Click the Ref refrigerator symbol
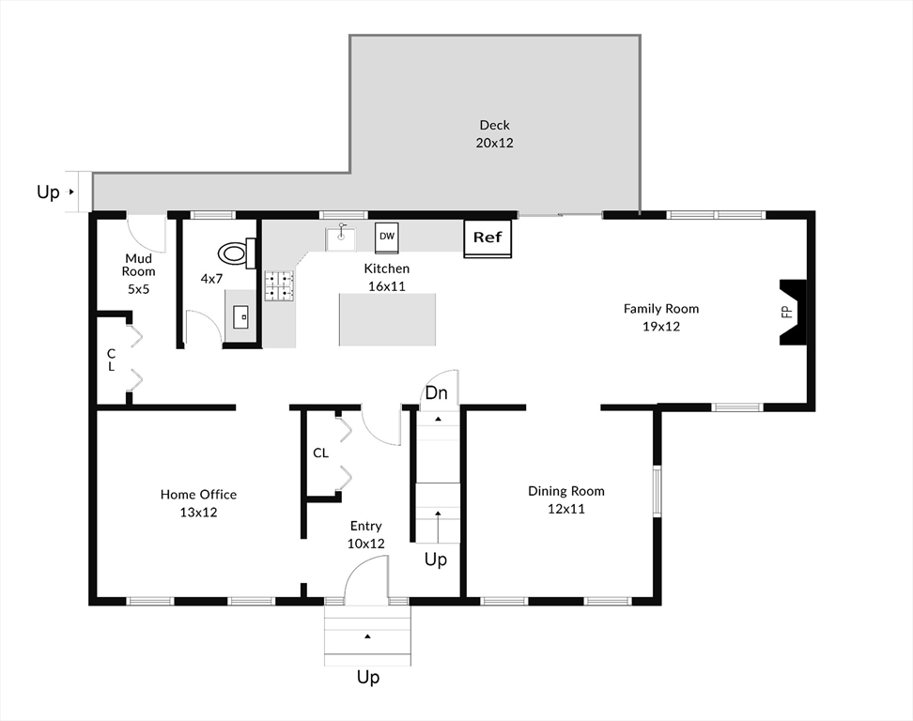click(487, 238)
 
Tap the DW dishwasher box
click(387, 238)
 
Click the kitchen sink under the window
click(341, 238)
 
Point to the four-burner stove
click(280, 285)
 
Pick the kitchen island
click(387, 319)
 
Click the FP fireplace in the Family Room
click(793, 313)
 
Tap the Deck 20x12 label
click(494, 134)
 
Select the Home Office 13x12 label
click(198, 503)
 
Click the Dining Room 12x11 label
click(566, 499)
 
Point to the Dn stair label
click(436, 393)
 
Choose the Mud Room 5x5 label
click(139, 273)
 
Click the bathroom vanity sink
click(240, 316)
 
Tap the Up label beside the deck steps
click(48, 192)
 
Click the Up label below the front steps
click(368, 677)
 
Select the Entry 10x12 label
click(365, 535)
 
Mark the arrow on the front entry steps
click(367, 637)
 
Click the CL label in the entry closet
click(321, 453)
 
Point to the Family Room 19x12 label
click(661, 317)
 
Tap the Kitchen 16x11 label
click(387, 278)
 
